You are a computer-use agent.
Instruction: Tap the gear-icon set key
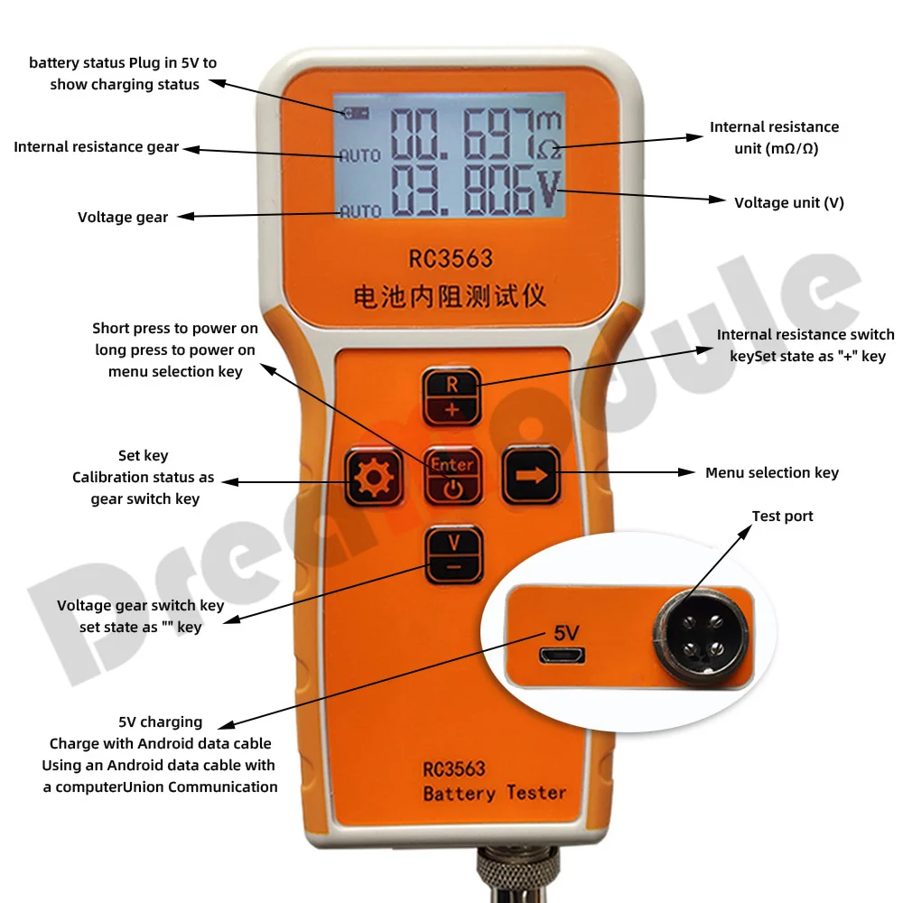[373, 477]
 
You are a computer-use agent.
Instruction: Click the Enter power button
[452, 476]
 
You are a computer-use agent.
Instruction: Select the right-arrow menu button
[531, 475]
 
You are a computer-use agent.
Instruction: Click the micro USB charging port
[562, 655]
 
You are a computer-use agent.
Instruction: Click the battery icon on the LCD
[356, 113]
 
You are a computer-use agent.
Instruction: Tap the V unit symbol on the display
[548, 189]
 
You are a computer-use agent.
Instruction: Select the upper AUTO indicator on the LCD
[359, 155]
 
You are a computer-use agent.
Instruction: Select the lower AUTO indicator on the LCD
[360, 211]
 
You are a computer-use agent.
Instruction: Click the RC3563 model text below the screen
[451, 259]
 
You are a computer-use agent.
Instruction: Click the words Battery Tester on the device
[495, 793]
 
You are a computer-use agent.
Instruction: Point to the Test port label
[782, 516]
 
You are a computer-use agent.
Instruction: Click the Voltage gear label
[123, 217]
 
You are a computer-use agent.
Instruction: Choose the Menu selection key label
[772, 473]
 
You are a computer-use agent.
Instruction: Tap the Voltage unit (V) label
[789, 202]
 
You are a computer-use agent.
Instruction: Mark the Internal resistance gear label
[97, 147]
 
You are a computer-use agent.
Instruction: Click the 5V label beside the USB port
[566, 633]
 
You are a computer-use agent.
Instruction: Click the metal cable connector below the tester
[517, 873]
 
